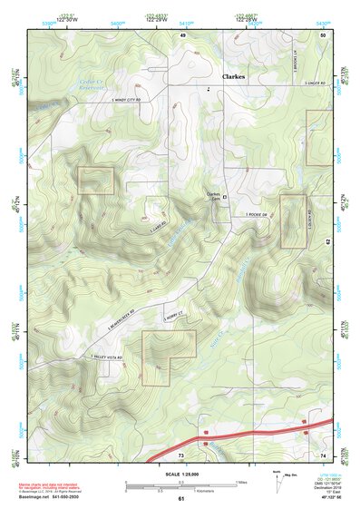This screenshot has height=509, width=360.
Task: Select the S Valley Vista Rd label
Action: pos(107,358)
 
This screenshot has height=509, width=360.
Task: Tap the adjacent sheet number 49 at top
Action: pos(182,34)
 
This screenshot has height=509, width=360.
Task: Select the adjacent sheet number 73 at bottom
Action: pos(180,455)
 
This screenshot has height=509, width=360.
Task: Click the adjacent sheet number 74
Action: pos(323,454)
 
